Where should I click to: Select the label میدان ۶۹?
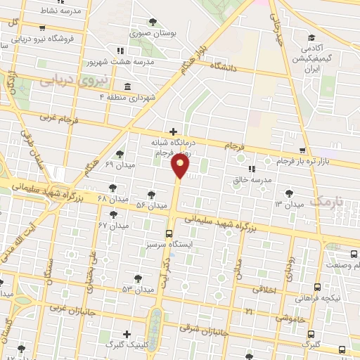tap(119, 164)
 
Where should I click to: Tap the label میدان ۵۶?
tap(151, 205)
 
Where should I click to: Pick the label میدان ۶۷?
tap(114, 225)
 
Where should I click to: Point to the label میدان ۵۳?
tap(137, 289)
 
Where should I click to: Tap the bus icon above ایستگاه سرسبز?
tap(169, 234)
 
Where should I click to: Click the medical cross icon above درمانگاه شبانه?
tap(174, 130)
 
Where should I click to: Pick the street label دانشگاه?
tap(231, 68)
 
